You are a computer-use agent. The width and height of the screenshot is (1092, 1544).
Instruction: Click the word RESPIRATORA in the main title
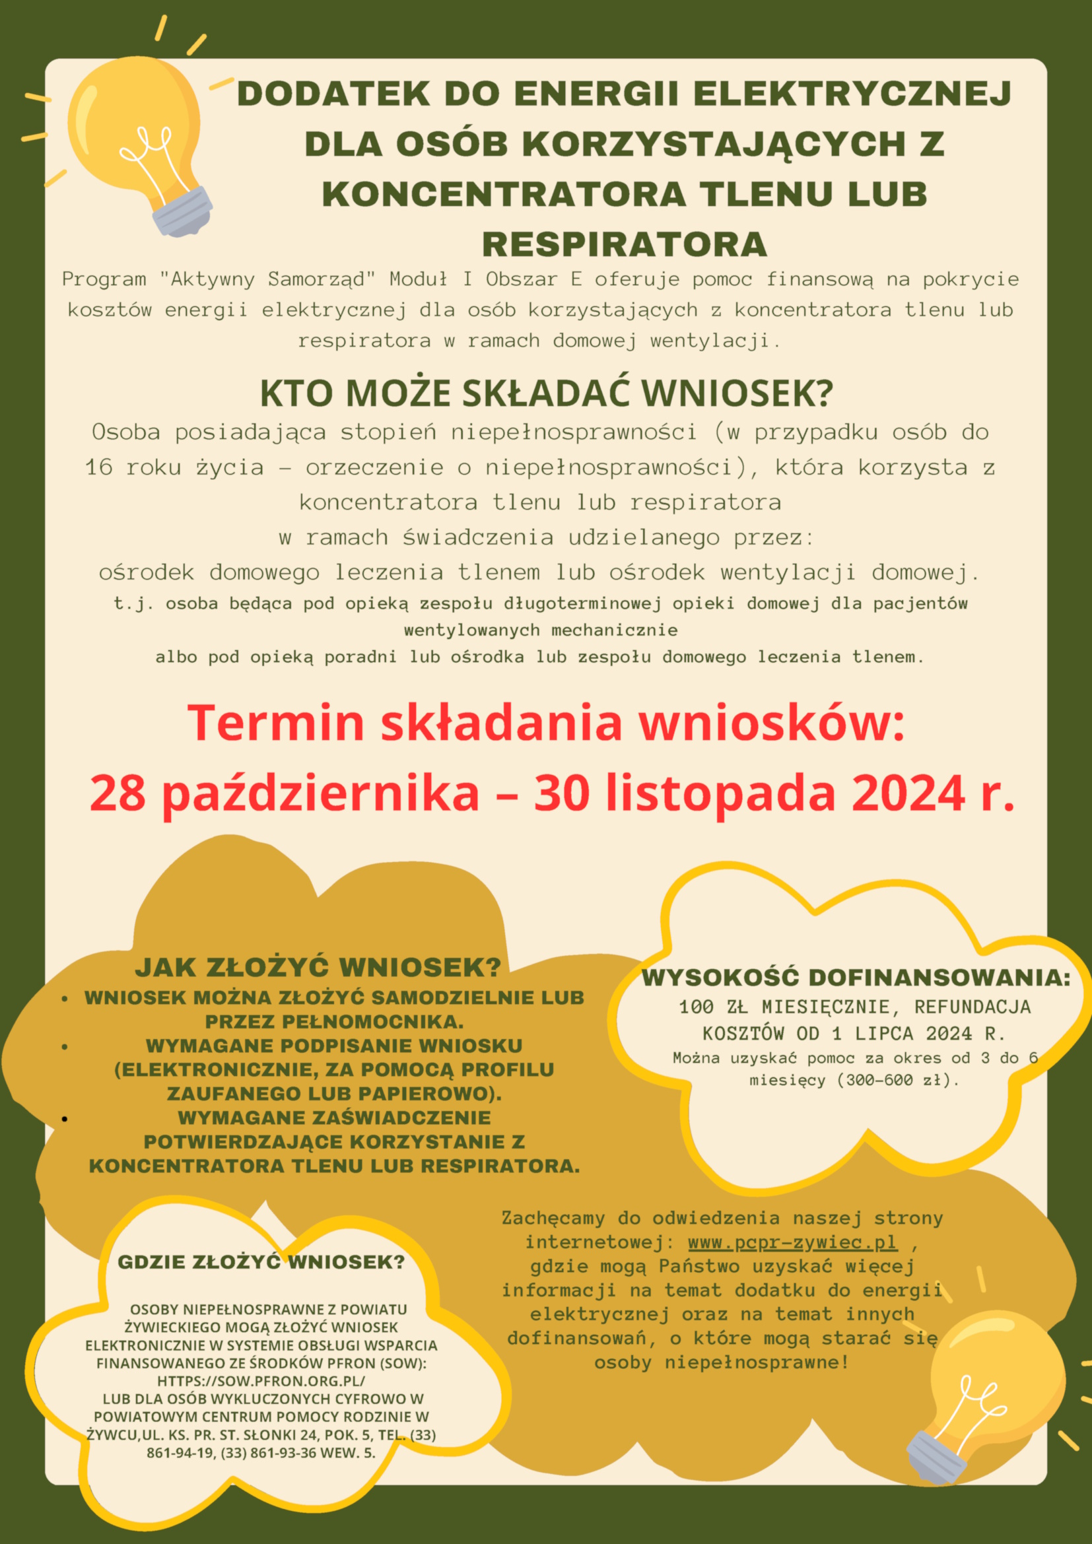click(x=624, y=244)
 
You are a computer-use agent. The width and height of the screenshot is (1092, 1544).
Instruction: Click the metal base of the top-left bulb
click(x=182, y=212)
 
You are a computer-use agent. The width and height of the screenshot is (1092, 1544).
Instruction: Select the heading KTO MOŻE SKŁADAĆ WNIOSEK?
click(x=546, y=393)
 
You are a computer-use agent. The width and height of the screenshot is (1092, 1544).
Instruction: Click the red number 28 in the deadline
click(x=117, y=793)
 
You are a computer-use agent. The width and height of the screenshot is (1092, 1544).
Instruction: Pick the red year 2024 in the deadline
click(x=908, y=793)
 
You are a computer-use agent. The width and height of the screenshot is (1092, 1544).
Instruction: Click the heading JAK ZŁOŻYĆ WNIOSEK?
click(x=318, y=968)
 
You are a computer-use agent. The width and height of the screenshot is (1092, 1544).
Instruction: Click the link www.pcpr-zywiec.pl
click(x=792, y=1242)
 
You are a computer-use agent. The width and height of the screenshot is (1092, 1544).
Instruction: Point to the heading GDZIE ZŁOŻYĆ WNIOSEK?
click(x=261, y=1262)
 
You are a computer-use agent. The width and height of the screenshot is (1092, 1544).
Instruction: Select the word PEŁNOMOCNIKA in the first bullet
click(x=334, y=1021)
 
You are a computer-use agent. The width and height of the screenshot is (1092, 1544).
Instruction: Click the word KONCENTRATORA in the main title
click(x=504, y=194)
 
